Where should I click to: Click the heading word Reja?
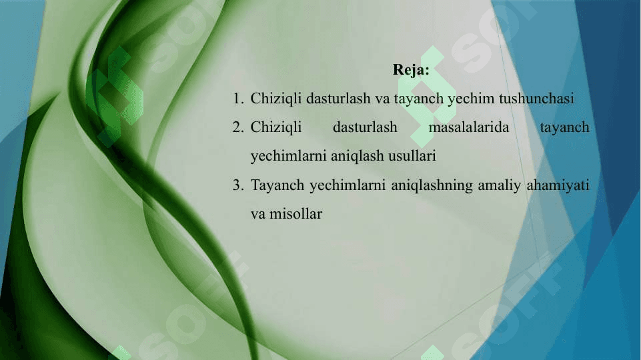tap(411, 70)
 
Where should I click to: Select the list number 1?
tap(238, 99)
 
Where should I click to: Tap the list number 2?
tap(238, 127)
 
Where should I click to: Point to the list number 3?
tap(238, 185)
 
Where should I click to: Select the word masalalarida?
tap(468, 127)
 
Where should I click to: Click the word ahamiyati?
tap(558, 186)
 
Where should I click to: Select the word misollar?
tap(295, 214)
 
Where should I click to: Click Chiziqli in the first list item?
tap(276, 99)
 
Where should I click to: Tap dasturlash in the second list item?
tap(365, 127)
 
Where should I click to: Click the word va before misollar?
tap(258, 215)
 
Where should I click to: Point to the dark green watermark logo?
tap(115, 97)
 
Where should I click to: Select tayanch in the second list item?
tap(564, 128)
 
